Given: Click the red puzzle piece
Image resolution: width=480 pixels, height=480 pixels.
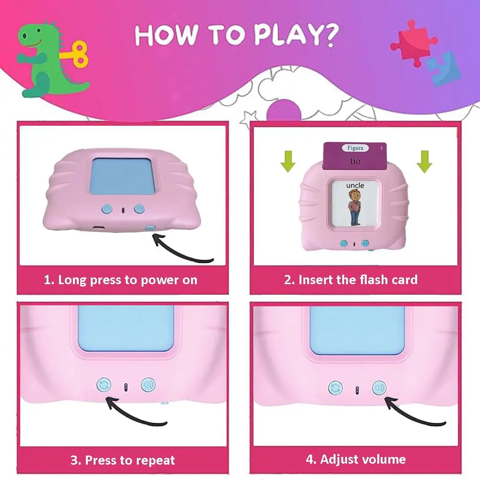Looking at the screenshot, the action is click(x=414, y=43).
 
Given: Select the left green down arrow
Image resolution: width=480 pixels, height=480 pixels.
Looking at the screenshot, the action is click(x=288, y=161).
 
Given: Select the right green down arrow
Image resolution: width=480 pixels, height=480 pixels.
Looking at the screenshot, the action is click(x=424, y=161).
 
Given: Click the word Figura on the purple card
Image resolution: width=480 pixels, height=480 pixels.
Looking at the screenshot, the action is click(x=355, y=148).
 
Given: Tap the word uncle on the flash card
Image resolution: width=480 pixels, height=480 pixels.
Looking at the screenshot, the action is click(x=355, y=185).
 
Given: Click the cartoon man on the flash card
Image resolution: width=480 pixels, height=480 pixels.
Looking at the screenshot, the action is click(x=355, y=207).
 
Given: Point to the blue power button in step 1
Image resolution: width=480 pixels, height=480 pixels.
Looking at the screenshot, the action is click(x=150, y=228).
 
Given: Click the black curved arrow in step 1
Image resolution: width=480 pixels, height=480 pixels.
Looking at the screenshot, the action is click(x=180, y=251).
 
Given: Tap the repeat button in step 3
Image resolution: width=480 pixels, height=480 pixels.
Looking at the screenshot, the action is click(x=104, y=385).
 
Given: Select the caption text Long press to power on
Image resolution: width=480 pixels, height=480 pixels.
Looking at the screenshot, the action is click(x=128, y=280).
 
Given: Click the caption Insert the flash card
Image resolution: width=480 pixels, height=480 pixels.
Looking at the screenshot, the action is click(x=358, y=280).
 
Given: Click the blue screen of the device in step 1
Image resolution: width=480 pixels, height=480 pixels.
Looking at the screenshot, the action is click(x=122, y=176).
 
